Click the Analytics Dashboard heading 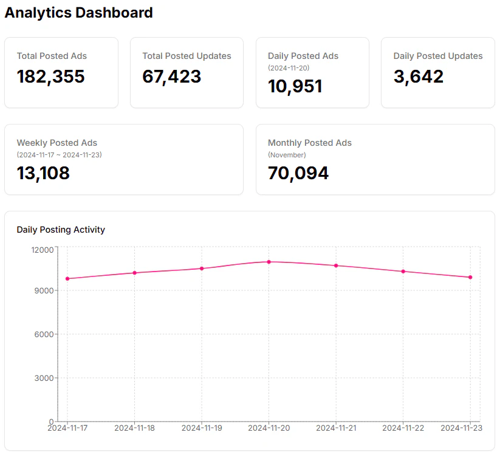pyautogui.click(x=79, y=13)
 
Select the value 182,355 pyautogui.click(x=51, y=77)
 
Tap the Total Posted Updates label pyautogui.click(x=187, y=56)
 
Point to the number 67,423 pyautogui.click(x=172, y=77)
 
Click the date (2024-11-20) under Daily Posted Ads pyautogui.click(x=289, y=68)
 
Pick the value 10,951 pyautogui.click(x=295, y=86)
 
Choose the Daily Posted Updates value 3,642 pyautogui.click(x=419, y=77)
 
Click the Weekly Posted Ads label pyautogui.click(x=57, y=143)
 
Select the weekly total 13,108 pyautogui.click(x=43, y=173)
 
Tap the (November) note pyautogui.click(x=287, y=155)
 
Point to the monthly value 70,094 pyautogui.click(x=298, y=173)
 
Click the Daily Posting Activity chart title pyautogui.click(x=61, y=230)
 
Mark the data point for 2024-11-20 pyautogui.click(x=269, y=262)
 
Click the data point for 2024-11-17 pyautogui.click(x=67, y=279)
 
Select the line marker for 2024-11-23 pyautogui.click(x=470, y=278)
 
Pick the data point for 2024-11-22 pyautogui.click(x=403, y=272)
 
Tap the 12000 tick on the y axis pyautogui.click(x=43, y=250)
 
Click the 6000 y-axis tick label pyautogui.click(x=46, y=334)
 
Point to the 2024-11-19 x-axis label pyautogui.click(x=202, y=428)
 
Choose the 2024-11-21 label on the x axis pyautogui.click(x=336, y=428)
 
